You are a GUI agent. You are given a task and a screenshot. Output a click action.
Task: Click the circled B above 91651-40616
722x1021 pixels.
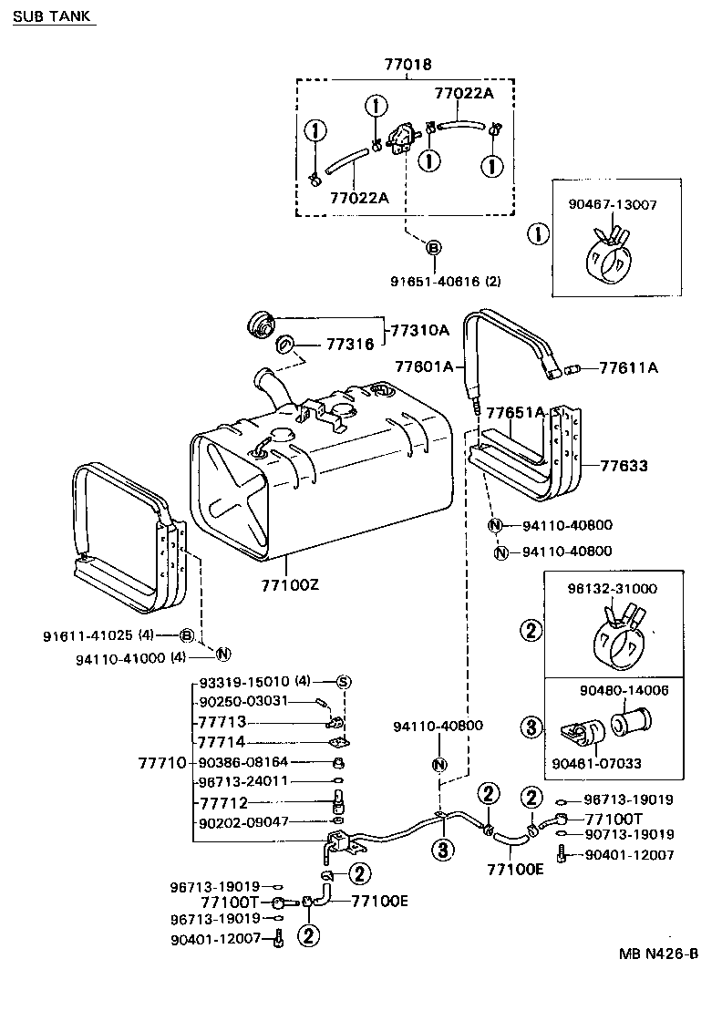433,247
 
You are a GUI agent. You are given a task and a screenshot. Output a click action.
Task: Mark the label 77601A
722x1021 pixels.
424,366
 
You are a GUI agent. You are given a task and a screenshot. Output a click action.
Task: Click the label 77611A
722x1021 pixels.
628,368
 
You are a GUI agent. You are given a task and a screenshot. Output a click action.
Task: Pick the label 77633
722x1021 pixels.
624,466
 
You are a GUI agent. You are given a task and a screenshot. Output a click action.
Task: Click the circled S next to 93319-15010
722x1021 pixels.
344,681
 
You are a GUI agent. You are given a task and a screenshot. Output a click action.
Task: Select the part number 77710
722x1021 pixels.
161,761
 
